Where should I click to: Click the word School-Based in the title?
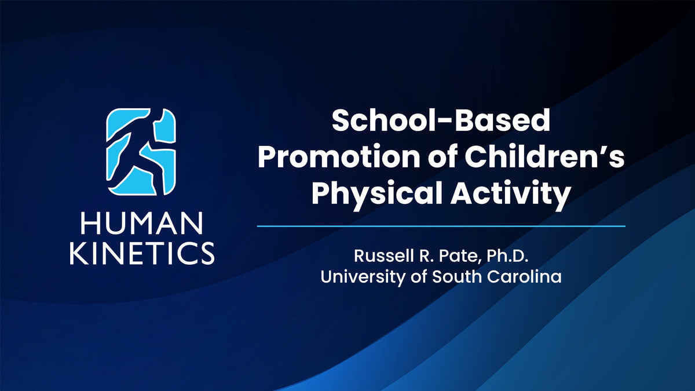coord(441,123)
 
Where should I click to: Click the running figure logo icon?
coord(141,151)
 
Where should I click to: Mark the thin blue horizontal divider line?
coord(441,226)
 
